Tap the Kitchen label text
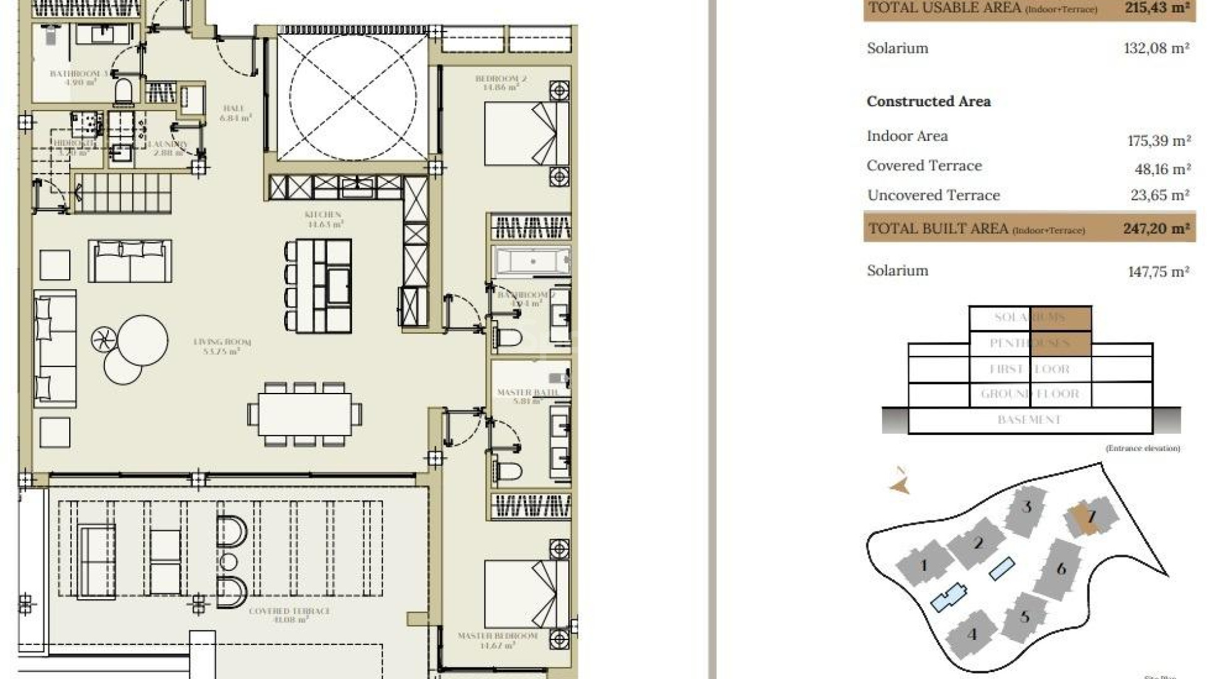click(323, 219)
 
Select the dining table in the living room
click(305, 414)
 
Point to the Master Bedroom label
click(497, 640)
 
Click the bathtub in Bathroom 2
click(532, 261)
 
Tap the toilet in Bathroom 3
click(124, 92)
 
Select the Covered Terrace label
click(289, 615)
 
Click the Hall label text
click(234, 113)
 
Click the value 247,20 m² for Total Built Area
click(1156, 228)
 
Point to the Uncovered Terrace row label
click(933, 196)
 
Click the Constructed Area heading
click(929, 102)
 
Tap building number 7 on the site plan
click(1091, 517)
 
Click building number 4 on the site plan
click(972, 634)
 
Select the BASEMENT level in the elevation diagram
click(1029, 420)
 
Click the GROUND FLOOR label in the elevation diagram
click(1029, 394)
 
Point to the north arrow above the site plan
click(900, 482)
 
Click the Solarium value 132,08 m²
click(1156, 48)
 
